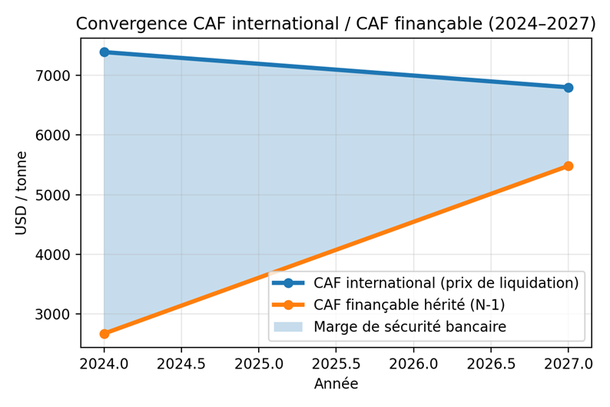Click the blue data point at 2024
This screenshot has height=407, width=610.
(x=104, y=52)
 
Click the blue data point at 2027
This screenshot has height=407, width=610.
(x=568, y=88)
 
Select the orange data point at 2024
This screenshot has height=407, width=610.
(x=104, y=333)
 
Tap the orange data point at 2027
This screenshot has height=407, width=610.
(x=568, y=166)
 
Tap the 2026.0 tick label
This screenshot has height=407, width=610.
(x=413, y=362)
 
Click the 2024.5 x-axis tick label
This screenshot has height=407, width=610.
(x=181, y=362)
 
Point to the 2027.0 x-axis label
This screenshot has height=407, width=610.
(x=568, y=362)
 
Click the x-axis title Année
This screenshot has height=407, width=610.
(x=336, y=382)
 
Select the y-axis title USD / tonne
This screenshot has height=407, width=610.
(x=21, y=193)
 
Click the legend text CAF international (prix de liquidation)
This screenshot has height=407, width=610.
(x=446, y=283)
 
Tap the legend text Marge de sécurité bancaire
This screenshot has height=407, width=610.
(x=409, y=326)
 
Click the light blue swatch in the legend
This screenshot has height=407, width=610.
(x=289, y=326)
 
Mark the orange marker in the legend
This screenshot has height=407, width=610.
(x=289, y=305)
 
